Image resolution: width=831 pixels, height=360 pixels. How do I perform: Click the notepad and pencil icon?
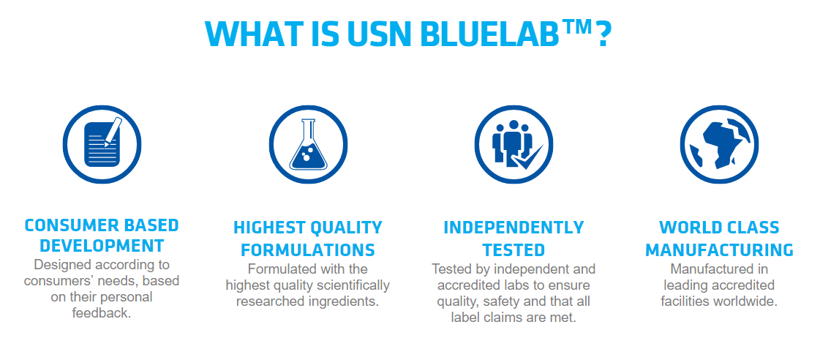coord(102,144)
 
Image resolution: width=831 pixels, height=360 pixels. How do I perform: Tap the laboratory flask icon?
coord(308,144)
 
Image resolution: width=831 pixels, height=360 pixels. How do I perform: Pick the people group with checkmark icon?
coord(514,144)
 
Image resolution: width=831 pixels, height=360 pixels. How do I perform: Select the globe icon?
coord(719,144)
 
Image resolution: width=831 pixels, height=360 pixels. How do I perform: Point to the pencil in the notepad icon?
coord(113,131)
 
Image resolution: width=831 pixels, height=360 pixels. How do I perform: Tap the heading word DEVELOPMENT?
coord(102,245)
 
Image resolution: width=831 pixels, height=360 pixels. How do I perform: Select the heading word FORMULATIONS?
coord(308,250)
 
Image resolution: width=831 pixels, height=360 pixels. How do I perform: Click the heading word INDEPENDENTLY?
coord(514,228)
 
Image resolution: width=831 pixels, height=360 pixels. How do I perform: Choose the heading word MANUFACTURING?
coord(719,250)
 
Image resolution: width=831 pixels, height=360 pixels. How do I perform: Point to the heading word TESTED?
coord(514,250)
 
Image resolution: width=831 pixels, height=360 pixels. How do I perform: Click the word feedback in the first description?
coord(101,313)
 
